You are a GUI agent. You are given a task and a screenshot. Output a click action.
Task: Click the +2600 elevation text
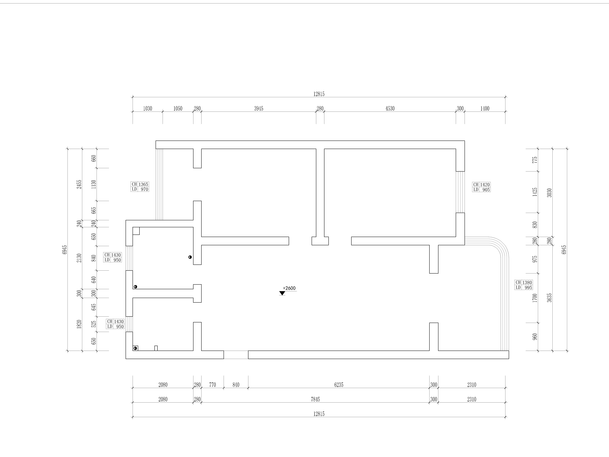coord(289,288)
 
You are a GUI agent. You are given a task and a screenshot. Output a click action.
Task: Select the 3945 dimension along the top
coord(258,108)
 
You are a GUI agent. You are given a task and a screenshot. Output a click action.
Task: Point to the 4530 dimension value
coord(390,108)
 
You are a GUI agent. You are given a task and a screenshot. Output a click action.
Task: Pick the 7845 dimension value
coord(315,399)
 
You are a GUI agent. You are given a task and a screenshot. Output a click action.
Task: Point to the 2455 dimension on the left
coord(79,184)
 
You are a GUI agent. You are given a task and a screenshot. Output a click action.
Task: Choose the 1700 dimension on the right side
coord(535,298)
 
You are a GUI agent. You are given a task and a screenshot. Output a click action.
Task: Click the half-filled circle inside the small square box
coord(135,348)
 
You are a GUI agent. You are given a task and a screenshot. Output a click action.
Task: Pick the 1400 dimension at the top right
coord(485,108)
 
